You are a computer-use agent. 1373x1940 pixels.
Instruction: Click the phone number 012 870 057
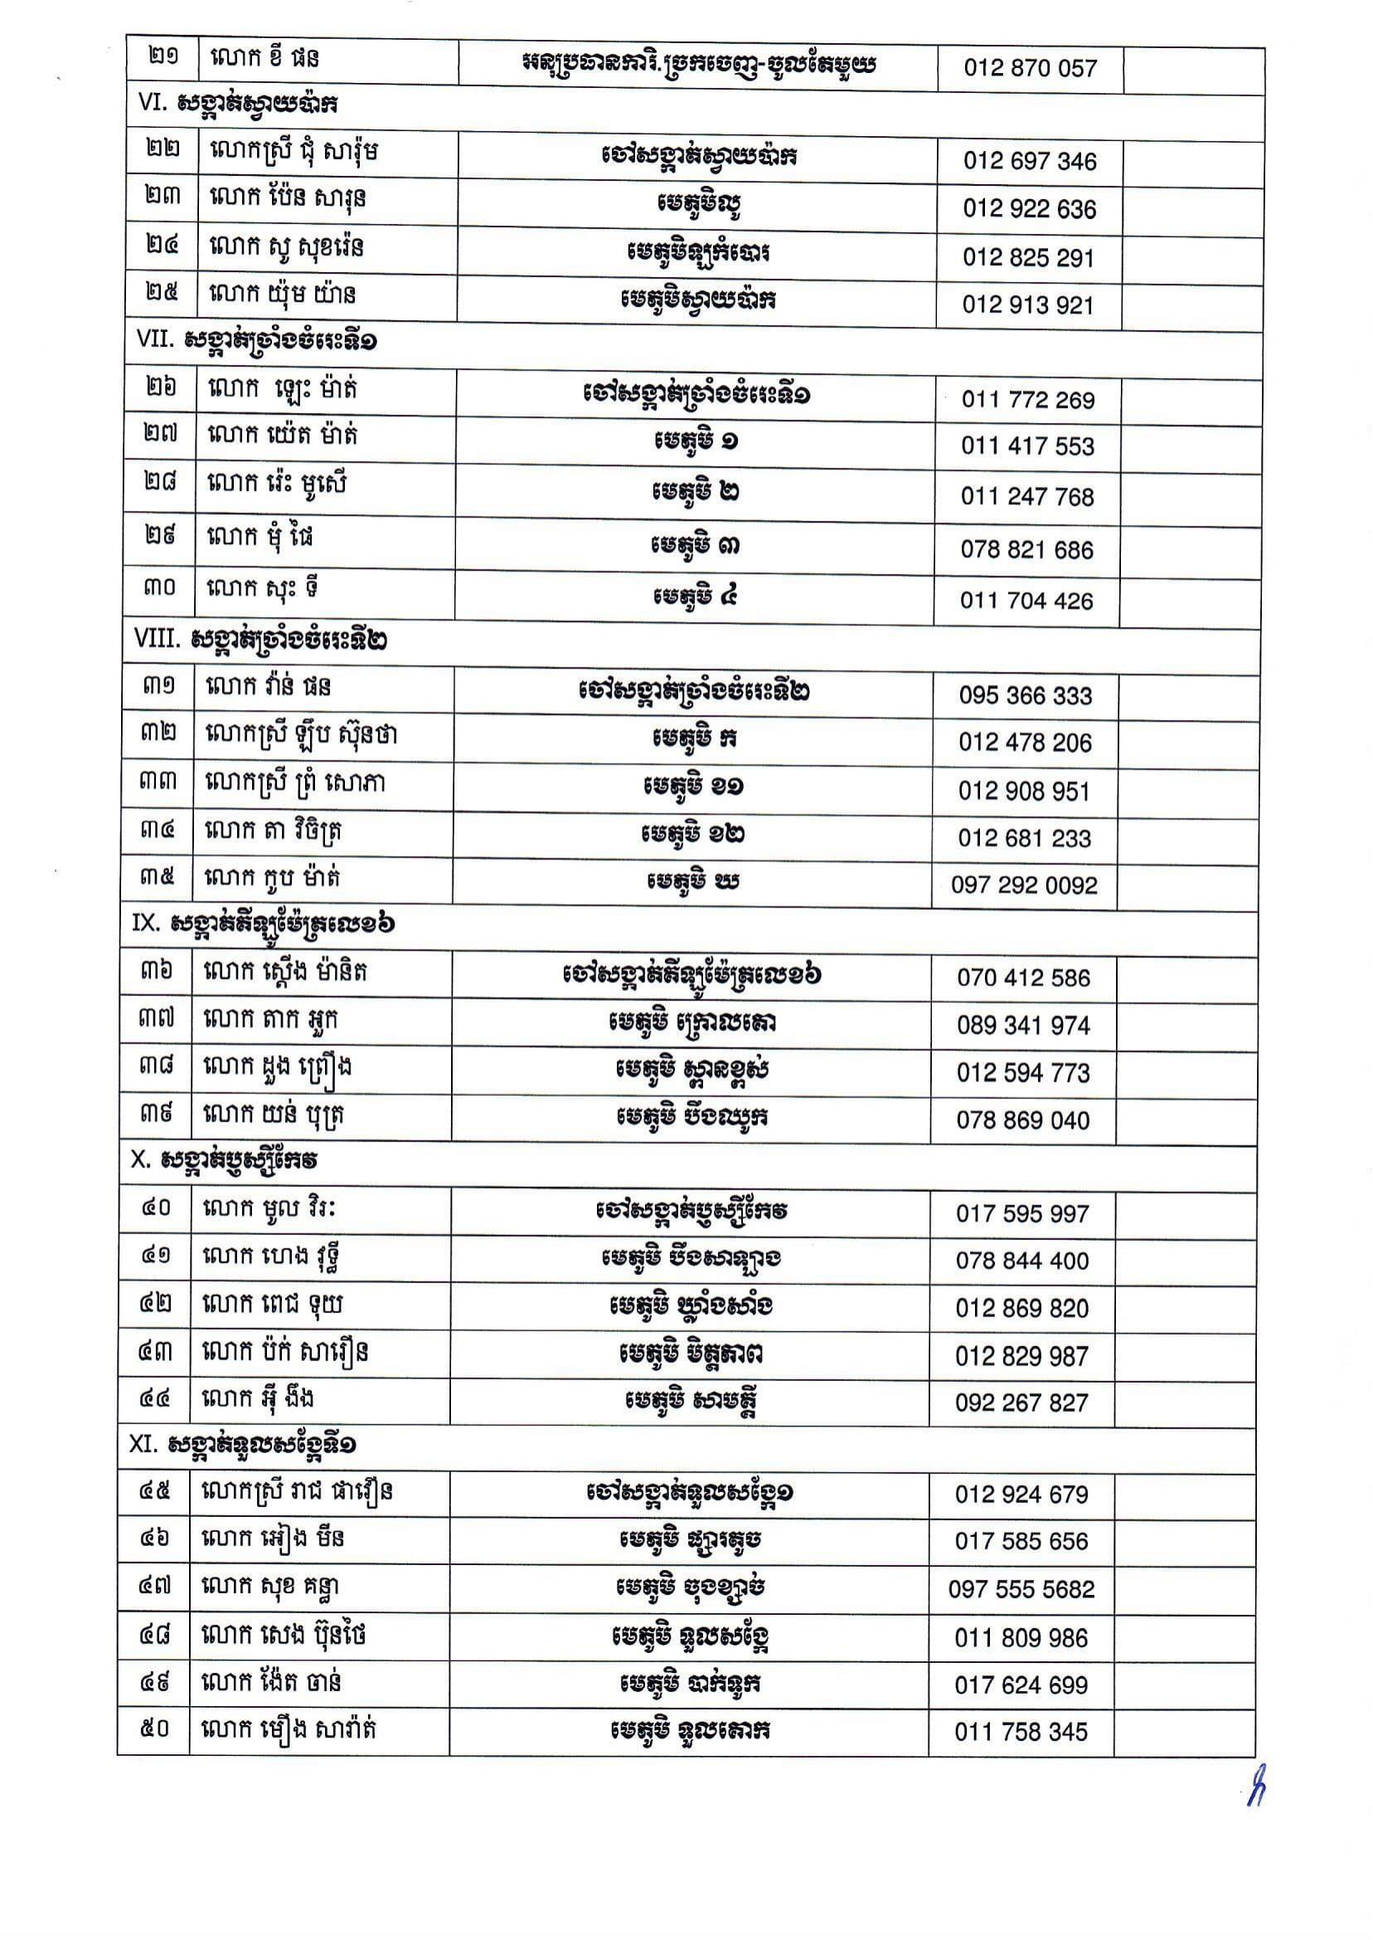[x=1030, y=69]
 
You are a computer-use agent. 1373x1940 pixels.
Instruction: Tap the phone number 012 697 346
[x=1030, y=162]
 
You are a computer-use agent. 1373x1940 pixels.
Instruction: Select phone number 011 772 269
[x=1028, y=400]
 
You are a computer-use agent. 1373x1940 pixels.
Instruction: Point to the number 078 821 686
[x=1026, y=550]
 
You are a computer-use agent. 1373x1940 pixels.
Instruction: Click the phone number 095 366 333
[x=1026, y=695]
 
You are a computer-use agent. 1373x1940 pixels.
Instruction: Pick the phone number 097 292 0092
[x=1024, y=886]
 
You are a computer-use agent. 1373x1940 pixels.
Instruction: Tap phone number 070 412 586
[x=1024, y=979]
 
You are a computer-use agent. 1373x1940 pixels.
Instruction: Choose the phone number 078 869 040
[x=1023, y=1121]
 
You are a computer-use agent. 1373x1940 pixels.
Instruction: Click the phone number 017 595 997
[x=1022, y=1214]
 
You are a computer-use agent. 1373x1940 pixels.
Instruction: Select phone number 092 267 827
[x=1021, y=1403]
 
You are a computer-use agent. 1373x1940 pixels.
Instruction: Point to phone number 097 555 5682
[x=1021, y=1590]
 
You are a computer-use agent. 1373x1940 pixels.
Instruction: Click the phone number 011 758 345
[x=1021, y=1732]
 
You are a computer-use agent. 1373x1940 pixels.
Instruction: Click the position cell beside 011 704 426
[x=694, y=597]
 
